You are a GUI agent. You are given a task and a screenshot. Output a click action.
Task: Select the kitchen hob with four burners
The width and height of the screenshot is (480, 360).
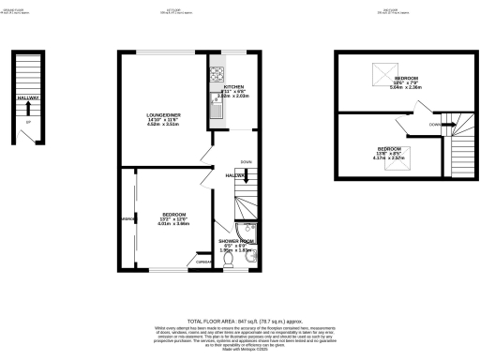216,73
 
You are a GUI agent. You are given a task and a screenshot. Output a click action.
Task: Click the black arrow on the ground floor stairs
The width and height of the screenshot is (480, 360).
28,105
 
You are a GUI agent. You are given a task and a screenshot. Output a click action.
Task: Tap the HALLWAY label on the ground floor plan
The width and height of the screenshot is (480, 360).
27,97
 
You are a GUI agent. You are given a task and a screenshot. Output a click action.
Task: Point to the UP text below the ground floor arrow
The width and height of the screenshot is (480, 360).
28,121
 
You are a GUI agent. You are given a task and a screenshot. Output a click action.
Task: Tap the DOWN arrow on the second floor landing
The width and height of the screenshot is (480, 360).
439,123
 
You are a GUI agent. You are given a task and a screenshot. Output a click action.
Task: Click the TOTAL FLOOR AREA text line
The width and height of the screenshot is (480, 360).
239,293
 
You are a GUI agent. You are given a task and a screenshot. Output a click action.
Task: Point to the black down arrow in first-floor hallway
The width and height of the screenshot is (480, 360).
246,174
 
